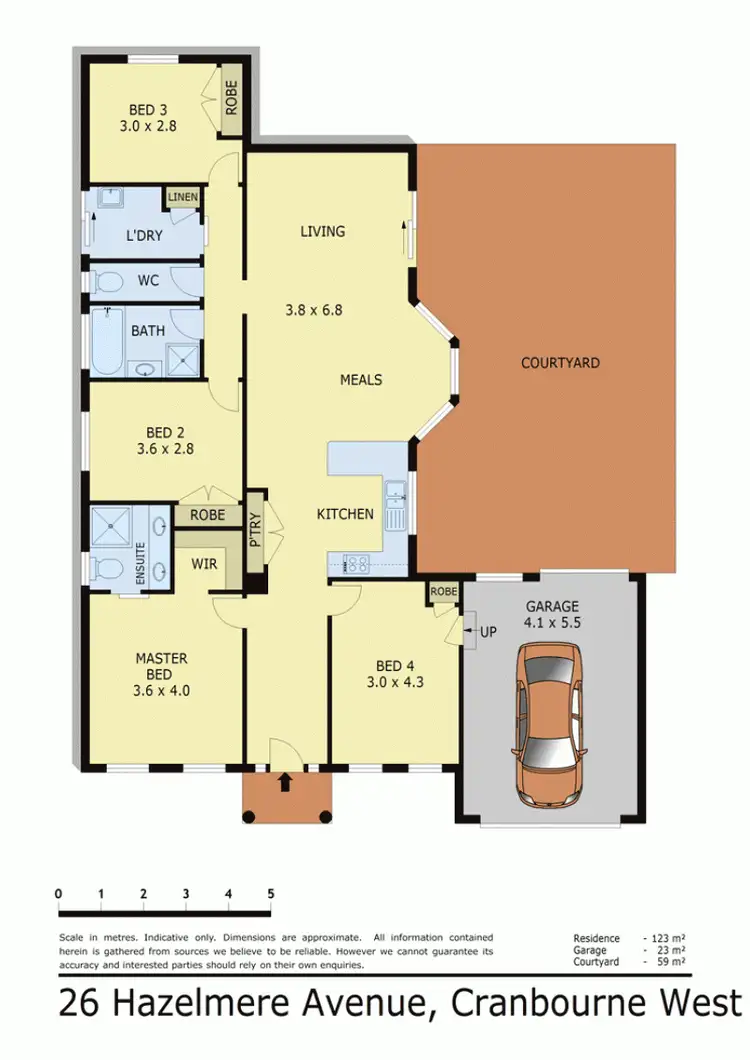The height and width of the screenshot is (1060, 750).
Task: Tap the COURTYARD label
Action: [560, 363]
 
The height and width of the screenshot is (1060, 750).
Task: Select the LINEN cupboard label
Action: [182, 198]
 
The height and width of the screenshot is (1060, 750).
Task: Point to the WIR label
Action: [204, 563]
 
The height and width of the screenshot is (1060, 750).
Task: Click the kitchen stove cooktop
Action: [355, 563]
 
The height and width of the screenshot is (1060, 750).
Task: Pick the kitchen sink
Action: [395, 492]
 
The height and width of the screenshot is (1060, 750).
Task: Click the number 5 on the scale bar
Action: [271, 893]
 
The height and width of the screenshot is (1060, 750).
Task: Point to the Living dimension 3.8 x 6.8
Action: [322, 310]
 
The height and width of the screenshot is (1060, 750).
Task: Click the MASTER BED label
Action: [162, 667]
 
